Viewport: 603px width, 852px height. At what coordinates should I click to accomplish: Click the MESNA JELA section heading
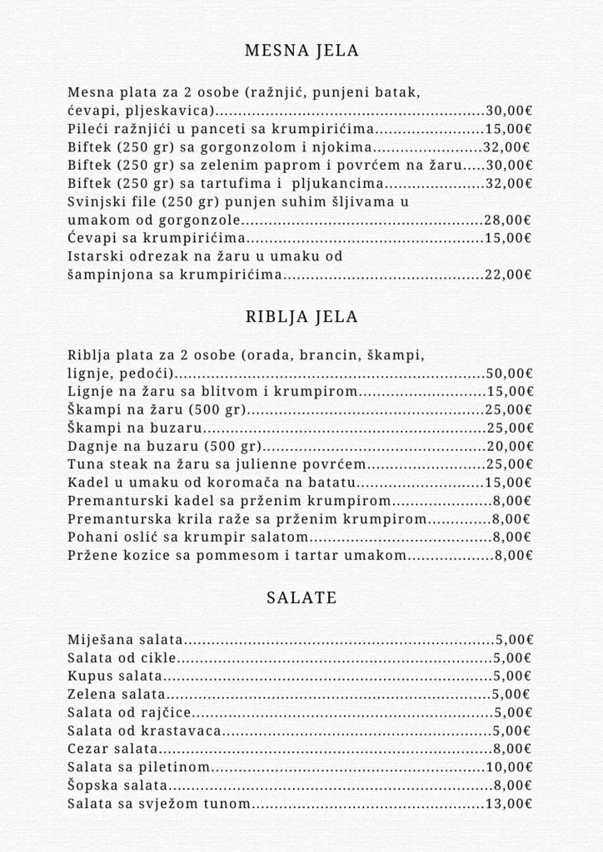[301, 51]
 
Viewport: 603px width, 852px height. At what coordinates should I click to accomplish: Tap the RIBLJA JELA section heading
[301, 317]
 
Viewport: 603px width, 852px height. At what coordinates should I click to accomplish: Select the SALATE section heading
[301, 597]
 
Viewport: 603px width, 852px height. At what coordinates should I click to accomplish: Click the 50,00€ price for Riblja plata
[509, 374]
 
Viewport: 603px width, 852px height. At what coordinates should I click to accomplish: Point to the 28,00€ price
[508, 220]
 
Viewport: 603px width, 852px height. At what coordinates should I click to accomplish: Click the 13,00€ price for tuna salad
[508, 804]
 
